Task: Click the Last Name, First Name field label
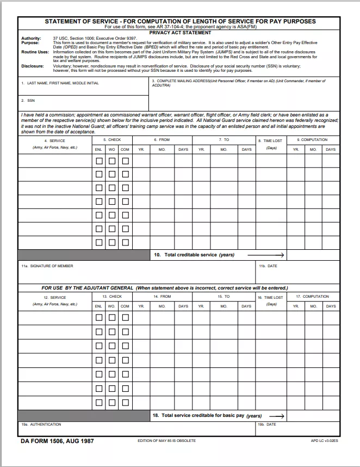(x=60, y=83)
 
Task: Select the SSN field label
(x=30, y=101)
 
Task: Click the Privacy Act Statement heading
(x=180, y=33)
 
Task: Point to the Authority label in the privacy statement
(x=30, y=39)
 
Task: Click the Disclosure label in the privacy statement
(x=32, y=66)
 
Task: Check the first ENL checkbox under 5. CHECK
(x=99, y=161)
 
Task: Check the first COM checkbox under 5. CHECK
(x=125, y=161)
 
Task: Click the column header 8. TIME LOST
(x=271, y=140)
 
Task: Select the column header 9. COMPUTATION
(x=312, y=140)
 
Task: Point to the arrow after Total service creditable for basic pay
(x=277, y=415)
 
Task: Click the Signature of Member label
(x=47, y=266)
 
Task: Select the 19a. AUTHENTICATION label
(x=41, y=424)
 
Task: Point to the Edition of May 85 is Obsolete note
(x=166, y=440)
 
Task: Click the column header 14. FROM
(x=162, y=297)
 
